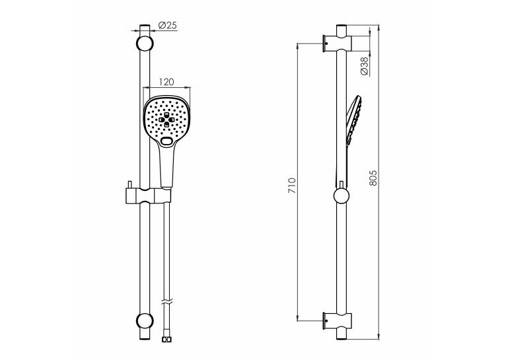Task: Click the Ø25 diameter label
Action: pyautogui.click(x=168, y=25)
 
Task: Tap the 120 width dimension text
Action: pyautogui.click(x=166, y=82)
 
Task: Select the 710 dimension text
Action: pyautogui.click(x=292, y=186)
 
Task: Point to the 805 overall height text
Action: pyautogui.click(x=373, y=178)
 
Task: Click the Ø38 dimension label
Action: pyautogui.click(x=365, y=66)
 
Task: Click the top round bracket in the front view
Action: pyautogui.click(x=145, y=43)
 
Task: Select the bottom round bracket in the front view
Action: pyautogui.click(x=145, y=320)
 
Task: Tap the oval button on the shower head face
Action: pyautogui.click(x=166, y=141)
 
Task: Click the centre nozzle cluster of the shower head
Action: pyautogui.click(x=166, y=120)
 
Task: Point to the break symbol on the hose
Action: pyautogui.click(x=166, y=303)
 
